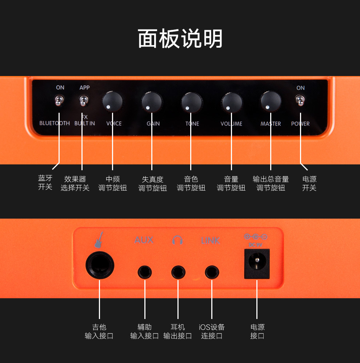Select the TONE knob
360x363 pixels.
(191, 101)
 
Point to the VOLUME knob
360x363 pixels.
(232, 102)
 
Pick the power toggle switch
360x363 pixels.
(300, 100)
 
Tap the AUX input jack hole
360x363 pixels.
(145, 272)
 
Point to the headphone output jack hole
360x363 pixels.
(178, 272)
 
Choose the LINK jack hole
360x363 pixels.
(212, 272)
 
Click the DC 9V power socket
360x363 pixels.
(257, 264)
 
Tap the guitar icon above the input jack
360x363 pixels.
(99, 239)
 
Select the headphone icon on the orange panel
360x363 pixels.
(177, 240)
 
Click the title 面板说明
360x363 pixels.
(180, 39)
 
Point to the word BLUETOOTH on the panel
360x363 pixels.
(55, 123)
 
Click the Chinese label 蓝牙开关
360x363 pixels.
(45, 183)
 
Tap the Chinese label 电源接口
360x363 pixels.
(257, 331)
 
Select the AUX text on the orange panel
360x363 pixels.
(144, 240)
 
